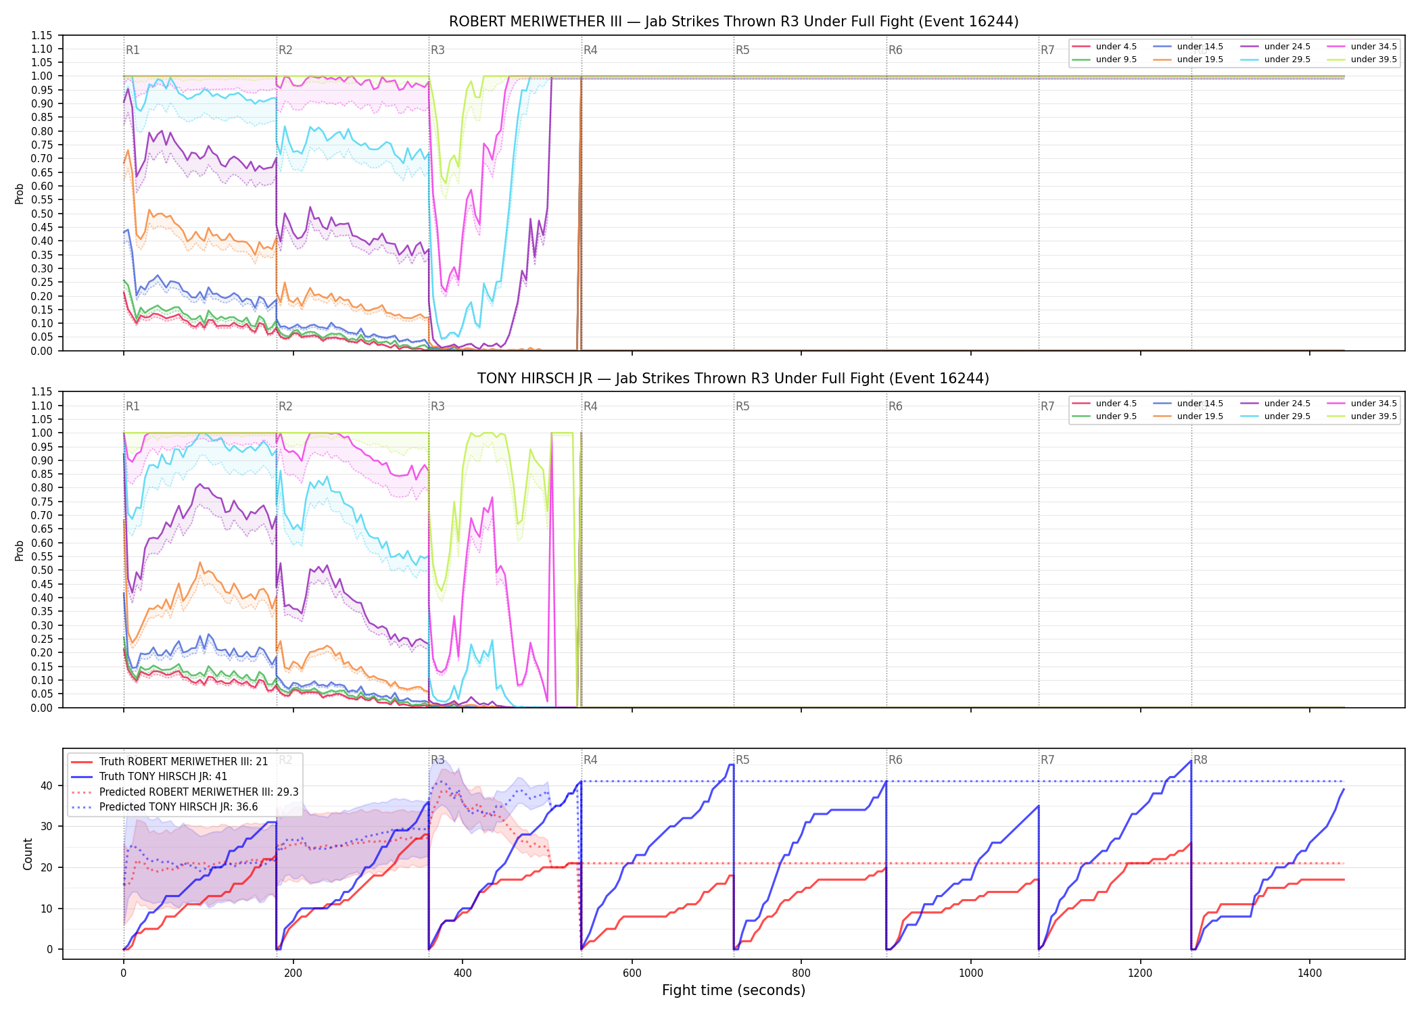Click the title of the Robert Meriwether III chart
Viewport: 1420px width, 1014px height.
(734, 22)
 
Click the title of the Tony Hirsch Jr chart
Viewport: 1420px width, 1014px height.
(734, 379)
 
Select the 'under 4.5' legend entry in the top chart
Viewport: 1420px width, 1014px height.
(1105, 47)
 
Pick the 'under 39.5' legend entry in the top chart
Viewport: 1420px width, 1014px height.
(1362, 59)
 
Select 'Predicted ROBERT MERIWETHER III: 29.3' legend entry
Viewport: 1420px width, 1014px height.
(185, 792)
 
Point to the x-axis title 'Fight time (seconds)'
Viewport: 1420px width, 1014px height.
(734, 990)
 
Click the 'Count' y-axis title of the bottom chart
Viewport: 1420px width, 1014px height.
(28, 854)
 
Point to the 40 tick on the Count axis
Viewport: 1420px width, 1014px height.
(47, 786)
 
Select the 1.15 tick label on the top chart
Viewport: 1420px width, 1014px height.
(43, 35)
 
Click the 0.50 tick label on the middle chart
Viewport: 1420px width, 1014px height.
(43, 570)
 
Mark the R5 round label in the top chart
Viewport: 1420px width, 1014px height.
(742, 50)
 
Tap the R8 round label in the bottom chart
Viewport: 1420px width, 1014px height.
(1200, 760)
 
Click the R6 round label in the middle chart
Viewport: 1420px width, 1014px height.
(895, 406)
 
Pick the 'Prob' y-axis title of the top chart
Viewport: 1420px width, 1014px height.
(20, 194)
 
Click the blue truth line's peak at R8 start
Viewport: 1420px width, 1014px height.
(1191, 761)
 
